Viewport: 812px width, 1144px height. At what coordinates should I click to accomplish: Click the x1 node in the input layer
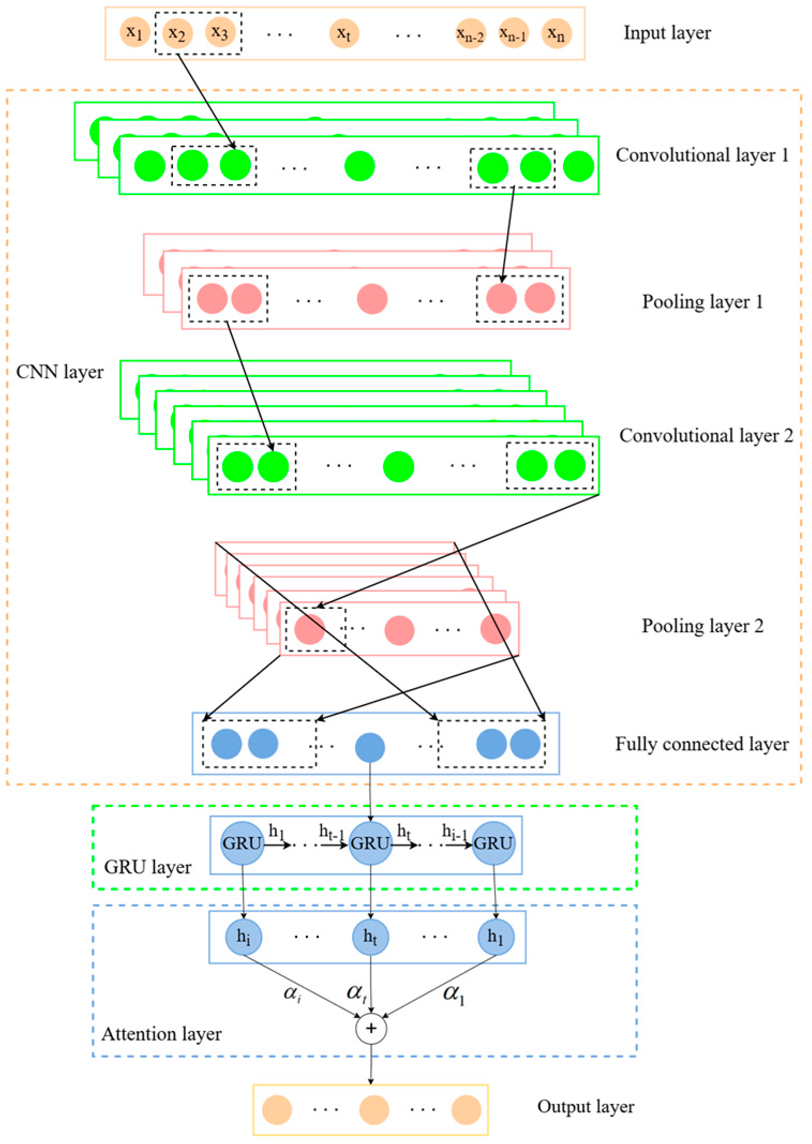(x=134, y=33)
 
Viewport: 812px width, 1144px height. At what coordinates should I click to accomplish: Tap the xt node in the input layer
(x=343, y=33)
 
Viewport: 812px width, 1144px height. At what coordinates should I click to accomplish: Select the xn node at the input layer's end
(x=556, y=34)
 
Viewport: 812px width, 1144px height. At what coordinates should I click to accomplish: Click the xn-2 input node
(x=470, y=34)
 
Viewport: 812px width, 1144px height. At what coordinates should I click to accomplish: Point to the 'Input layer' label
(x=667, y=33)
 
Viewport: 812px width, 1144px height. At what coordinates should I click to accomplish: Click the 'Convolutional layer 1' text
(x=702, y=155)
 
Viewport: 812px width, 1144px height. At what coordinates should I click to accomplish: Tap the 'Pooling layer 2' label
(x=702, y=626)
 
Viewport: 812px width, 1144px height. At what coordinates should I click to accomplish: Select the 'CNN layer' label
(x=59, y=372)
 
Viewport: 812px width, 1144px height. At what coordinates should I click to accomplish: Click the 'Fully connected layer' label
(x=702, y=744)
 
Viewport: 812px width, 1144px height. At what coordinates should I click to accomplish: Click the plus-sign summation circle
(x=371, y=1028)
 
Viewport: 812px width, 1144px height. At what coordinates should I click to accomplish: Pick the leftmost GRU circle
(x=242, y=843)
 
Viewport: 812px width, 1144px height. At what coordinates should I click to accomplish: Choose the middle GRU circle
(x=370, y=843)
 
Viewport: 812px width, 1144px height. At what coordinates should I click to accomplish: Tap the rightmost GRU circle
(x=493, y=843)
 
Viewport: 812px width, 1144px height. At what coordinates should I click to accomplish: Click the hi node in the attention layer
(x=244, y=937)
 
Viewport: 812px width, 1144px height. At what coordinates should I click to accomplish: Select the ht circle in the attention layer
(x=370, y=937)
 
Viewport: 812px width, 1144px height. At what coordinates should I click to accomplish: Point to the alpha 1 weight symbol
(x=453, y=994)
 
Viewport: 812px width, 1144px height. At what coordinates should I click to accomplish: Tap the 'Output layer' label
(x=585, y=1107)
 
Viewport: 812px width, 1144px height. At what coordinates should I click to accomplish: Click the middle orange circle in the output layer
(x=374, y=1110)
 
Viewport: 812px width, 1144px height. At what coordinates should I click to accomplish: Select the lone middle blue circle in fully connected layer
(x=370, y=747)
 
